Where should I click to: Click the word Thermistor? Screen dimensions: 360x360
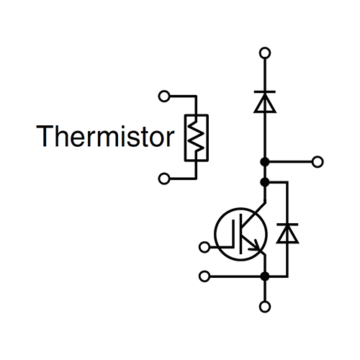pyautogui.click(x=105, y=136)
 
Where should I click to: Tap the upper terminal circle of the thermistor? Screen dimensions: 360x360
pyautogui.click(x=164, y=96)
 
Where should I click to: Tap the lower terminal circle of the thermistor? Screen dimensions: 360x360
pyautogui.click(x=164, y=179)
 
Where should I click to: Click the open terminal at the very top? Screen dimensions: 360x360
pyautogui.click(x=265, y=53)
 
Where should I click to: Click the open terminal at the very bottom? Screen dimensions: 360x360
pyautogui.click(x=265, y=307)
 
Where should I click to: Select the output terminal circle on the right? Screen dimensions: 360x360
pyautogui.click(x=318, y=162)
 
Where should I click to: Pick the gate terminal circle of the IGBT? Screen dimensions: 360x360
pyautogui.click(x=204, y=247)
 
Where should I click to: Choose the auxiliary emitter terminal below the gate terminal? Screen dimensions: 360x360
pyautogui.click(x=204, y=276)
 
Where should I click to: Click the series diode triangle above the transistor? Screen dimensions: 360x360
pyautogui.click(x=265, y=102)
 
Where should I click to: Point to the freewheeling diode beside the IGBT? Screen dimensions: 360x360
pyautogui.click(x=287, y=233)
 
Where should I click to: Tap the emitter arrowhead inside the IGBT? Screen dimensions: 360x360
pyautogui.click(x=256, y=246)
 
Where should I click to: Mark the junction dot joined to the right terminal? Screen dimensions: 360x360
pyautogui.click(x=265, y=162)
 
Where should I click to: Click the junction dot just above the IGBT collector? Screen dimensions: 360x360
pyautogui.click(x=265, y=182)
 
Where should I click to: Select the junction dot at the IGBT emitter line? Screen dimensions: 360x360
pyautogui.click(x=265, y=276)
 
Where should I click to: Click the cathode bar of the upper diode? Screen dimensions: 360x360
pyautogui.click(x=265, y=91)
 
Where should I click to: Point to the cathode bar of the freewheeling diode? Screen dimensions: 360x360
pyautogui.click(x=287, y=225)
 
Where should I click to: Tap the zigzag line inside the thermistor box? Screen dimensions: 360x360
pyautogui.click(x=197, y=138)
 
